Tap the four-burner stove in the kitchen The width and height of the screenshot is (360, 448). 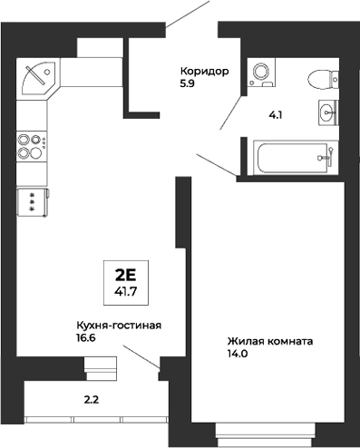(x=30, y=146)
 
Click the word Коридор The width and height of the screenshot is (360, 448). (x=204, y=71)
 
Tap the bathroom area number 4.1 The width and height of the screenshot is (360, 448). (x=276, y=115)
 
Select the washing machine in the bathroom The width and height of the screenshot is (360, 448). (x=261, y=73)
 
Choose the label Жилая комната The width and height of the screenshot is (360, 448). (x=270, y=342)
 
